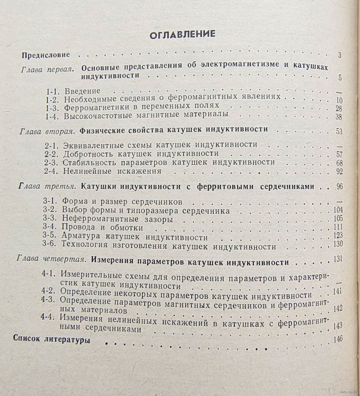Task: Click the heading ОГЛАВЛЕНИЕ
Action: (182, 34)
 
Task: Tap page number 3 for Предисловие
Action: (339, 56)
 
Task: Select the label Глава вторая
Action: (47, 130)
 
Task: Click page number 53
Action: (339, 131)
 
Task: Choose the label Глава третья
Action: (45, 187)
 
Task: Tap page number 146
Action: (338, 339)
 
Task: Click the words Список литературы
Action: (51, 340)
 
